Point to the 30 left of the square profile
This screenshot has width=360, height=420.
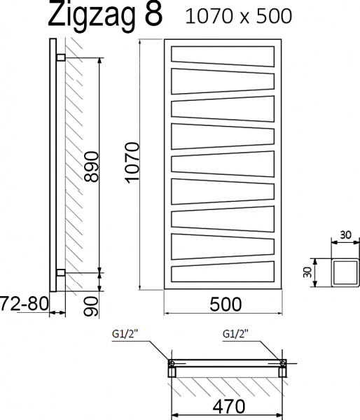(306, 269)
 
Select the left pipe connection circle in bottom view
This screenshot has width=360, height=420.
(170, 363)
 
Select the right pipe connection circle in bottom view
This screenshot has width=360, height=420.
(282, 363)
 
